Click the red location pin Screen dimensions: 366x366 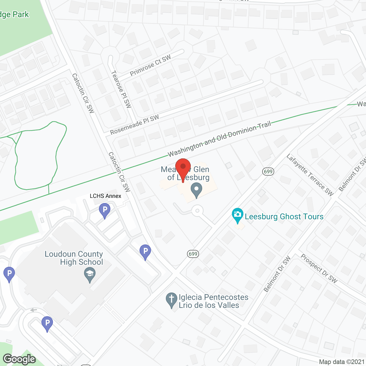183,167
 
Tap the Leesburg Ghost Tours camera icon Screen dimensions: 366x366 238,215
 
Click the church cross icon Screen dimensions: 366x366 172,299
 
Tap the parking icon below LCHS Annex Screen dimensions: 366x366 105,210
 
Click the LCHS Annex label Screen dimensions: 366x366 106,196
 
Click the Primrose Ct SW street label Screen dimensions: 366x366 150,65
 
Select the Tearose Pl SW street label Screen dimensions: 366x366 121,89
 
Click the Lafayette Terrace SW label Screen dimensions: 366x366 310,175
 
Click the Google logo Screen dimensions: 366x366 19,359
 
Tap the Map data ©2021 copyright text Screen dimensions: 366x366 342,362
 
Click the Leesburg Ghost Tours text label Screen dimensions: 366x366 284,216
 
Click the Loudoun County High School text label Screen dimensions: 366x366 74,258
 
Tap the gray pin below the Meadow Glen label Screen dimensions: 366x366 196,190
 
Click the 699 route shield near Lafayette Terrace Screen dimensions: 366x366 268,171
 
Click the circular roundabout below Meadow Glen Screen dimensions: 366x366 197,211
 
